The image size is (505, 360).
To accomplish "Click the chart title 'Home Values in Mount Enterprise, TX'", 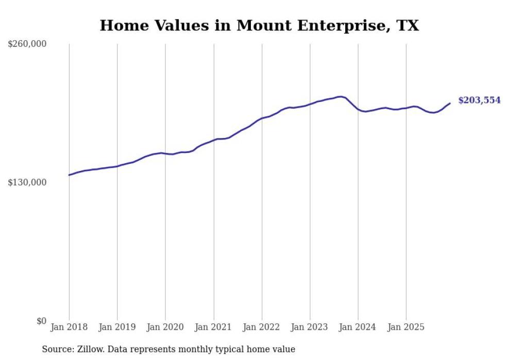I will [x=259, y=25].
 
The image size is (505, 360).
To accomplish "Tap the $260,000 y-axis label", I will [x=27, y=44].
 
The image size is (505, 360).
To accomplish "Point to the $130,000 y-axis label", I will [x=27, y=182].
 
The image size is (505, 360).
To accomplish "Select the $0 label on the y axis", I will [x=41, y=321].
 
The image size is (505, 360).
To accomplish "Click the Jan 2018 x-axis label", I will [x=69, y=327].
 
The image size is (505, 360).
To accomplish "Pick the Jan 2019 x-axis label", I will [x=117, y=327].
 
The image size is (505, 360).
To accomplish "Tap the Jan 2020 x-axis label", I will [x=165, y=327].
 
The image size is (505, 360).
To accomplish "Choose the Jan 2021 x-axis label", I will [x=214, y=327].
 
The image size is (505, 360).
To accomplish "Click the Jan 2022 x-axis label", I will [x=262, y=327].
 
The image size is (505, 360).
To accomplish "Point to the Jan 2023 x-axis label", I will [x=310, y=327].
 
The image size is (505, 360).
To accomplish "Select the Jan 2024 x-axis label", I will [x=358, y=327].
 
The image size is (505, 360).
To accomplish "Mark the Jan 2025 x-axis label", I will [x=407, y=327].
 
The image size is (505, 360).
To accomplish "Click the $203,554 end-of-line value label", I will [x=479, y=100].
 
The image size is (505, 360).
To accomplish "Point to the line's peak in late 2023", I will [x=340, y=96].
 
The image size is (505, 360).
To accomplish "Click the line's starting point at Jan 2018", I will [x=69, y=175].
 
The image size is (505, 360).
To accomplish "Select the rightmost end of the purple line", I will [x=450, y=104].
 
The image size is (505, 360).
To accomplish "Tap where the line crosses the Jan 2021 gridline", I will [x=214, y=140].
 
